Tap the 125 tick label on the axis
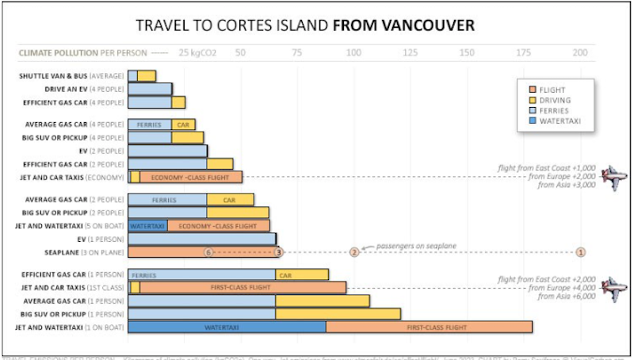[411, 53]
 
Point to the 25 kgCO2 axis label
[195, 53]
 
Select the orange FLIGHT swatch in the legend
[533, 90]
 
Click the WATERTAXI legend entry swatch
[533, 121]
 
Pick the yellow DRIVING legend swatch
[533, 101]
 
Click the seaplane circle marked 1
[581, 252]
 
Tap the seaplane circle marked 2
[354, 252]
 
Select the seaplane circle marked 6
[208, 252]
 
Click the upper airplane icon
[613, 176]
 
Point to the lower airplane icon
[613, 287]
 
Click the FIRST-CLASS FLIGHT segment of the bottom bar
[429, 326]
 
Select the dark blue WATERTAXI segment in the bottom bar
[227, 326]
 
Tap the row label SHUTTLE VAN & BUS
[72, 76]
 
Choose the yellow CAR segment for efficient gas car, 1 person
[302, 275]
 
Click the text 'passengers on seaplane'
[416, 246]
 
